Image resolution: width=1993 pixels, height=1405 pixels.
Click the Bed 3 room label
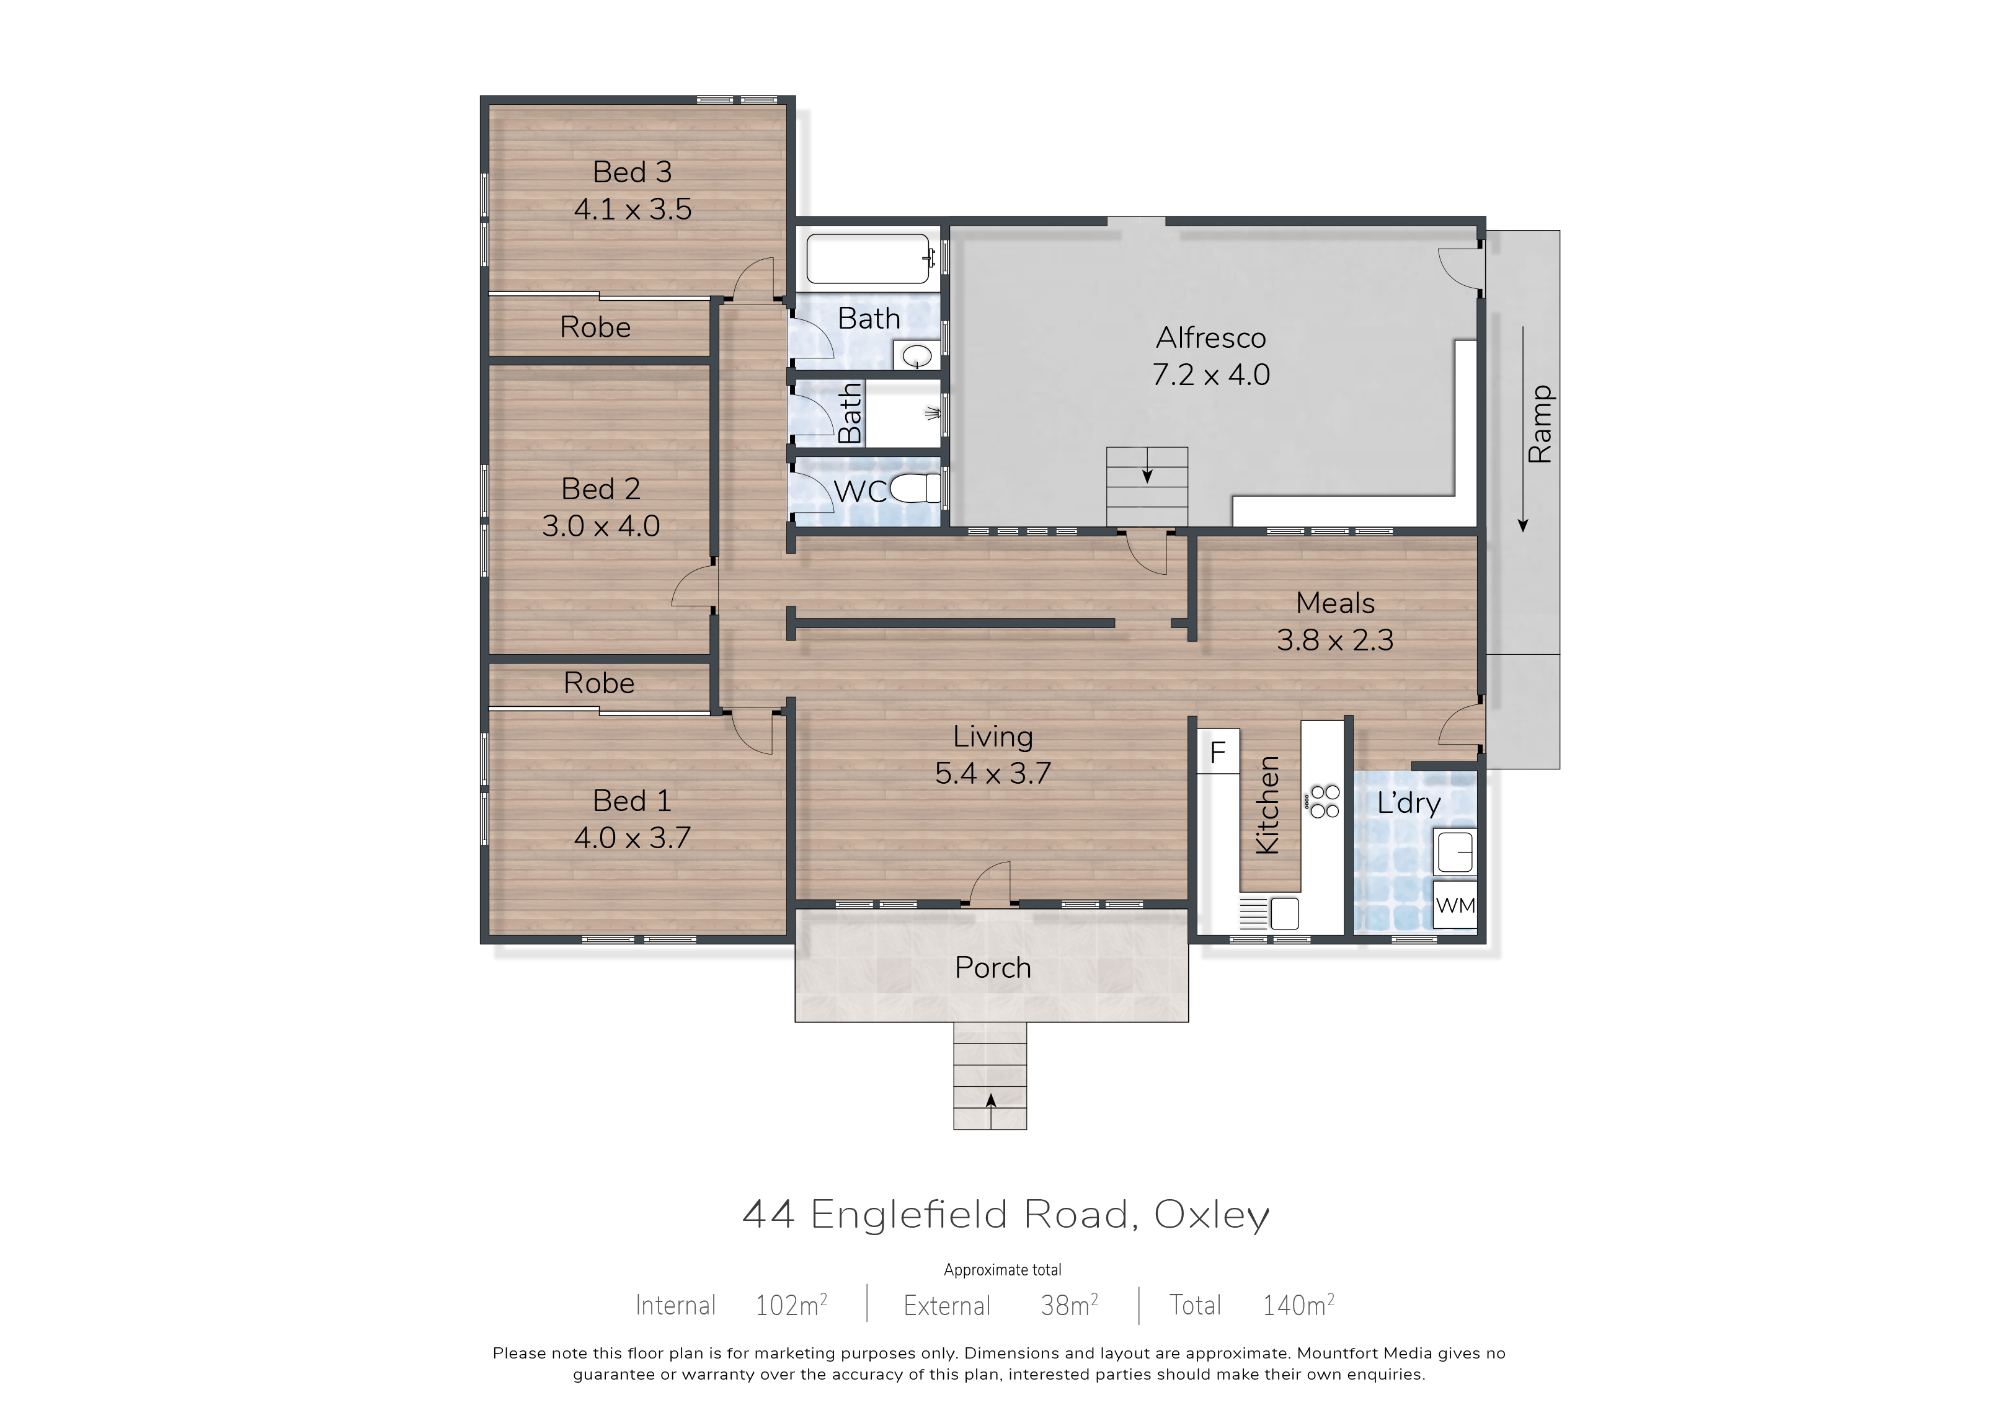click(x=632, y=172)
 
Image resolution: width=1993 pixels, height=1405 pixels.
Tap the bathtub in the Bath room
click(x=869, y=259)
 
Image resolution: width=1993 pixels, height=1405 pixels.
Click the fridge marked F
click(x=1218, y=751)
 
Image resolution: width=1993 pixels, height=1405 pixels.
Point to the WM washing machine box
click(x=1455, y=905)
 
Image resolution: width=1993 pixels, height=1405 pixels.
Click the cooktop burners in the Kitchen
click(x=1324, y=801)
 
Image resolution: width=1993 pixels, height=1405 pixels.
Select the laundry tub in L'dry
click(x=1455, y=851)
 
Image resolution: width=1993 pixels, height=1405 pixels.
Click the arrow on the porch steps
click(x=990, y=1101)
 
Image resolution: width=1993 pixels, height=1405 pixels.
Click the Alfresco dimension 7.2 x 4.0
click(x=1211, y=375)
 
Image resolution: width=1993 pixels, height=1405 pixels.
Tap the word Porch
click(x=993, y=968)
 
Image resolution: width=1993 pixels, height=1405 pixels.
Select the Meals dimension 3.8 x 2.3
click(x=1335, y=640)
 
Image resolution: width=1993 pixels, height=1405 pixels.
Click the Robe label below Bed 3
click(x=595, y=327)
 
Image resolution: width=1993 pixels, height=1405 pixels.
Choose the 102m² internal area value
click(x=791, y=1305)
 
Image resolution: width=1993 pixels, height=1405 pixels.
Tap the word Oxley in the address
click(x=1211, y=1215)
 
